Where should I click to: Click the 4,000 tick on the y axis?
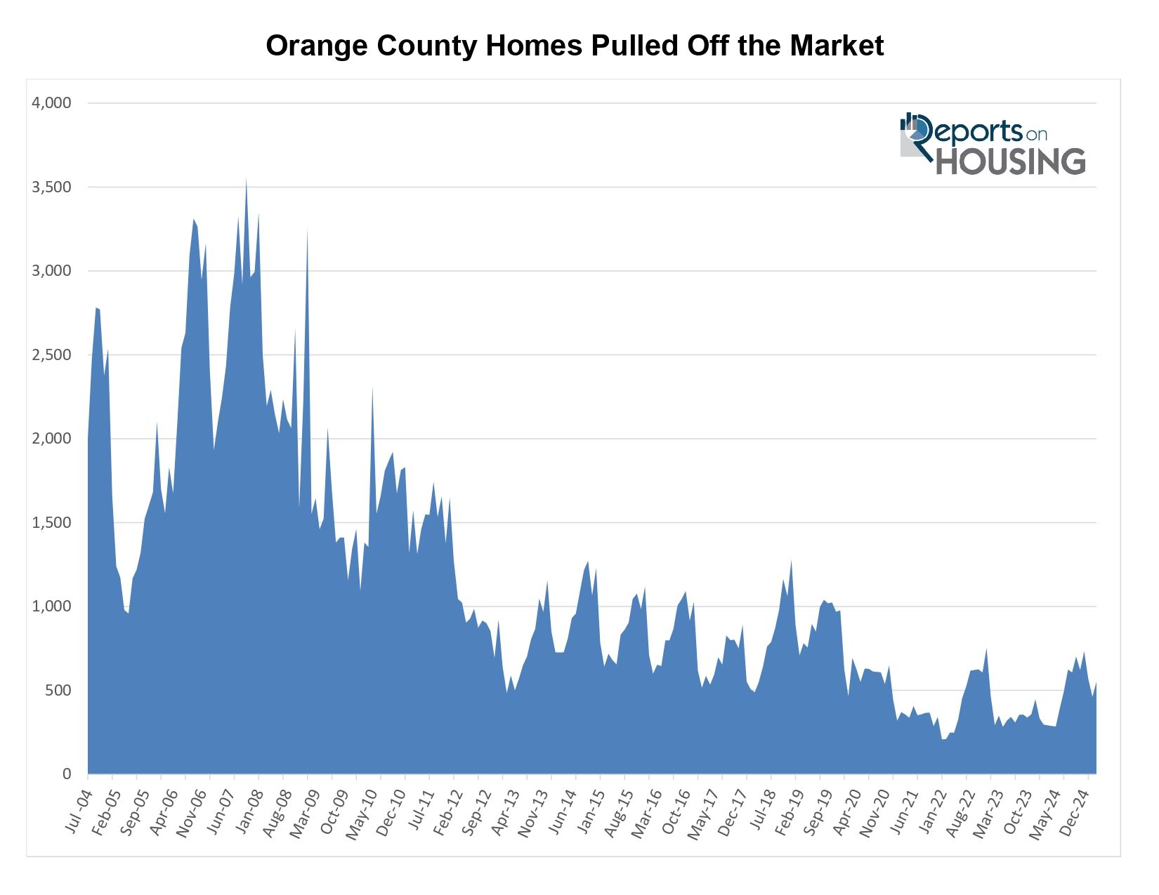tap(51, 103)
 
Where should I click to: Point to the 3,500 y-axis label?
tap(51, 187)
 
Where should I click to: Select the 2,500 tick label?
tap(51, 355)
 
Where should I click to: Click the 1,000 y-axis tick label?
tap(51, 606)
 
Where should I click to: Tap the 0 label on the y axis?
tap(67, 774)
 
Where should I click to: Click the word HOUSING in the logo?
tap(1011, 161)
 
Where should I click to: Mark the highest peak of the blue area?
tap(246, 178)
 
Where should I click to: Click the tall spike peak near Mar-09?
tap(307, 230)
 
